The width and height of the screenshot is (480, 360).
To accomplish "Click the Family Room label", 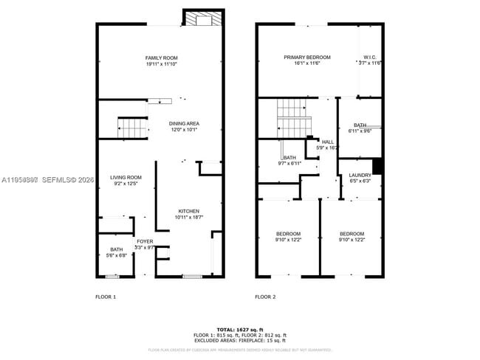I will pos(161,58).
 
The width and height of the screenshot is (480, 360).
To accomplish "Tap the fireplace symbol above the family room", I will pos(202,19).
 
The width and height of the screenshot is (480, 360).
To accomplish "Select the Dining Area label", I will pos(184,123).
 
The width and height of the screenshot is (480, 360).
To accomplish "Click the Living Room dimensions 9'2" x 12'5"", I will pos(126,184).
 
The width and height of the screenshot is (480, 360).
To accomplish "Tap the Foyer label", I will pos(145,241).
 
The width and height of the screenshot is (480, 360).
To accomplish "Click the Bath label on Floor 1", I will pos(117,249).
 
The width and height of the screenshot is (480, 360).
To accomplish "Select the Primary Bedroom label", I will pos(307,57).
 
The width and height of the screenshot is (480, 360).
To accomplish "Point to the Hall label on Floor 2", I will pos(327,142).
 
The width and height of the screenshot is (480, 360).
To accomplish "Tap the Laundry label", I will pos(360,175).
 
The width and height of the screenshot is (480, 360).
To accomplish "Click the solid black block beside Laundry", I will pos(377,167).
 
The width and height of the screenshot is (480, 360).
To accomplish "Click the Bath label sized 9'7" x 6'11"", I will pos(289,156).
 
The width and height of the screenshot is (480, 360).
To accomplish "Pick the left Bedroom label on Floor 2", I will pos(288,233).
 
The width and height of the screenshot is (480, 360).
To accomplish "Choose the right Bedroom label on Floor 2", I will pos(352,233).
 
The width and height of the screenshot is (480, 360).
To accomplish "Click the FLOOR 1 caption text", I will pos(106,297).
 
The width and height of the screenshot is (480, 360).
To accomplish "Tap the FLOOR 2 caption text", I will pos(265,297).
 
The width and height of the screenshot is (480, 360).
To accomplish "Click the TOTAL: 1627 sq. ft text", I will pos(239,328).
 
